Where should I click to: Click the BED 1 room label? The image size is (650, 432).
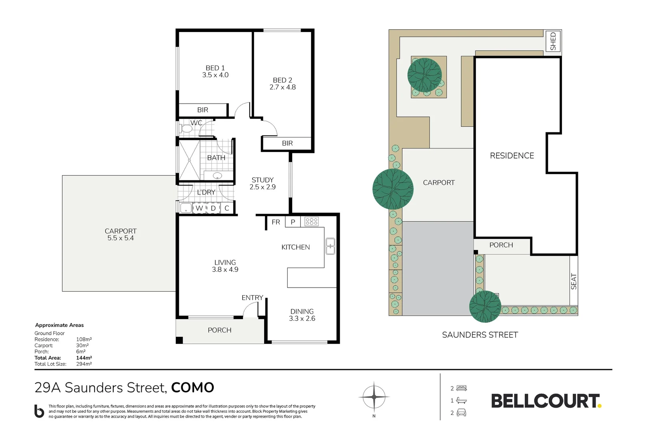(x=215, y=68)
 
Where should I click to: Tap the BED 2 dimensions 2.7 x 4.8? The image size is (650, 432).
(x=283, y=87)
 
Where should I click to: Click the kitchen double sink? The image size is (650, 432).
(x=330, y=246)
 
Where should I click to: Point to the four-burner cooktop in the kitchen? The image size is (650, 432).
(x=311, y=221)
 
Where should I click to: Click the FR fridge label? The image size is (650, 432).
(x=276, y=222)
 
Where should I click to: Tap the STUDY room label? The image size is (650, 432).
(x=263, y=180)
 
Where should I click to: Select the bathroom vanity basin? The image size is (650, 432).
(x=217, y=176)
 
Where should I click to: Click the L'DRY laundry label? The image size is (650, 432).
(x=206, y=192)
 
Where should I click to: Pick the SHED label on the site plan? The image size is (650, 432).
(x=553, y=41)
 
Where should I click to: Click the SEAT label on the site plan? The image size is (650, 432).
(x=574, y=281)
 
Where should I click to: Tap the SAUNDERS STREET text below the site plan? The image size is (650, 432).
(x=480, y=335)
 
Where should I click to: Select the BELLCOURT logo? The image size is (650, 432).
(x=546, y=401)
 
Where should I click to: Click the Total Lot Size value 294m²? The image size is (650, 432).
(x=84, y=364)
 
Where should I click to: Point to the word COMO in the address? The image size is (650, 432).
(x=193, y=388)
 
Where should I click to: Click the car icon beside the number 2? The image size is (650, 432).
(x=461, y=413)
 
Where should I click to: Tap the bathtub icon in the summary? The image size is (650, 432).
(x=461, y=400)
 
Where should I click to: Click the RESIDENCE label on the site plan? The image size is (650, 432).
(x=512, y=156)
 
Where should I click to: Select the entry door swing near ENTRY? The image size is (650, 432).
(x=251, y=310)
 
